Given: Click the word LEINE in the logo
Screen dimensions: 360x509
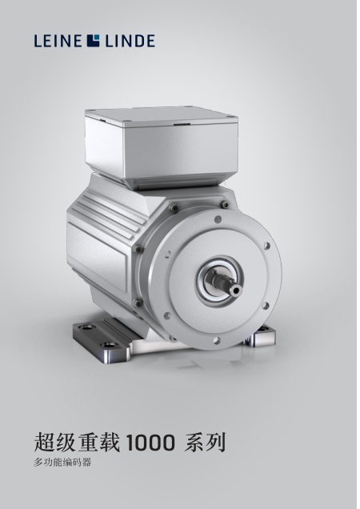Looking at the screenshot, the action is click(58, 42).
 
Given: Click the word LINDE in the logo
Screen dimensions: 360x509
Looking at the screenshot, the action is click(130, 42).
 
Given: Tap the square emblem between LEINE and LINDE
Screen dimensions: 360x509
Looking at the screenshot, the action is click(93, 41).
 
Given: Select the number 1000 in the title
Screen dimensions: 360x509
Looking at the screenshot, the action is click(150, 443).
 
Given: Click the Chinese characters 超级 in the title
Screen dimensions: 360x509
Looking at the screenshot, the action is click(55, 442).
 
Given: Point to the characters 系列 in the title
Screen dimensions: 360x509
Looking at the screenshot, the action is click(205, 442).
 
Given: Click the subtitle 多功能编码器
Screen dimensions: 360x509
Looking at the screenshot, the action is click(62, 463).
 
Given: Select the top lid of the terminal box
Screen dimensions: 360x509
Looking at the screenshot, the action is click(162, 116).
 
